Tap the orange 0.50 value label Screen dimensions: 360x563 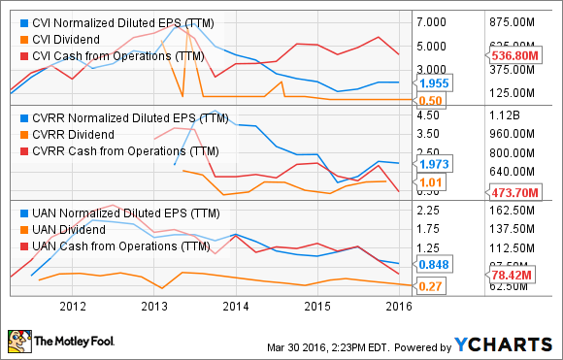click(431, 101)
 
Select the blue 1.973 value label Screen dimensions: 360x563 click(433, 164)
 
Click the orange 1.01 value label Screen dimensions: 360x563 click(431, 180)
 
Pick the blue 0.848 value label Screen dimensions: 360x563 click(433, 264)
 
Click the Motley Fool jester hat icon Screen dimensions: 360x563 click(17, 342)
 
